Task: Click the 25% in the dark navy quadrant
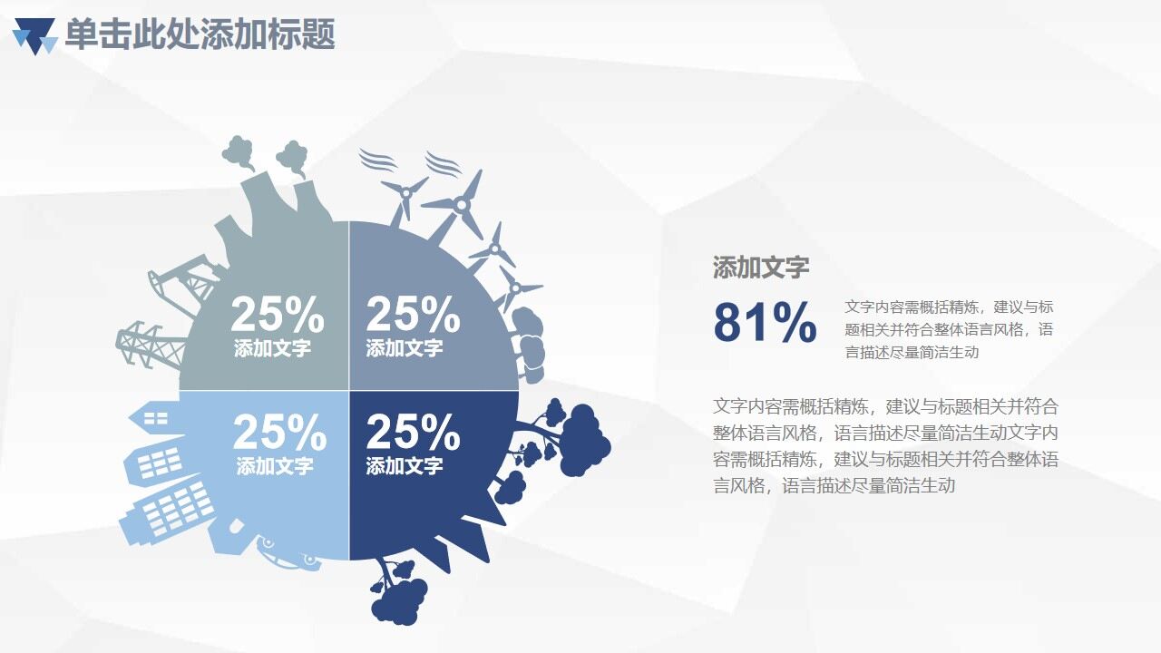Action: click(413, 434)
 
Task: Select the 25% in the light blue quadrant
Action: click(279, 433)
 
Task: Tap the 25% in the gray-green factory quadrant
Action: click(277, 316)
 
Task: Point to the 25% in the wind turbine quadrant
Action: click(413, 315)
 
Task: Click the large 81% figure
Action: click(765, 323)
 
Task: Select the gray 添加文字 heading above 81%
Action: click(760, 268)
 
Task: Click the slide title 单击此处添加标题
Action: click(200, 34)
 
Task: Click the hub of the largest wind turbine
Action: click(462, 206)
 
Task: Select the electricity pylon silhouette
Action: click(145, 342)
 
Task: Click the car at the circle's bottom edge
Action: click(288, 552)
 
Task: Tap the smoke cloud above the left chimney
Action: click(239, 151)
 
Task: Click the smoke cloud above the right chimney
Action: click(292, 156)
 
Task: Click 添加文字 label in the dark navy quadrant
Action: click(405, 466)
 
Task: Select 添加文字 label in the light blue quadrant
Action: click(275, 466)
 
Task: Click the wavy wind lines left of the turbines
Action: click(376, 161)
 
